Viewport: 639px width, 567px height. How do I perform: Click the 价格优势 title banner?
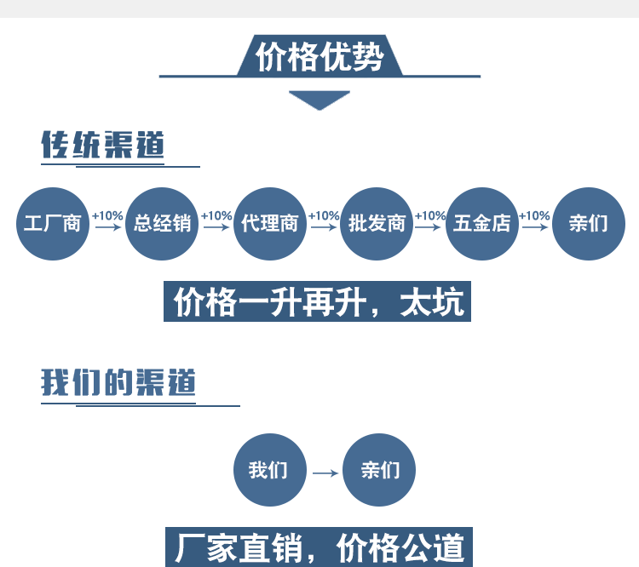pyautogui.click(x=319, y=57)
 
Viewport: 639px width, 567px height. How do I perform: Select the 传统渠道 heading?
pyautogui.click(x=102, y=146)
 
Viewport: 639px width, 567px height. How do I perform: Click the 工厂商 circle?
pyautogui.click(x=53, y=224)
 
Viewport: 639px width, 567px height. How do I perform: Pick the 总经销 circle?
pyautogui.click(x=162, y=224)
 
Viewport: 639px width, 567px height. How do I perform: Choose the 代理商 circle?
pyautogui.click(x=269, y=224)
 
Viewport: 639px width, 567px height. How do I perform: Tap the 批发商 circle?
pyautogui.click(x=377, y=224)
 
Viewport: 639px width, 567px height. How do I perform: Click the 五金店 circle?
pyautogui.click(x=482, y=224)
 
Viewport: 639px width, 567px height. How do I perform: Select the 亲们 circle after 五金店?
pyautogui.click(x=589, y=224)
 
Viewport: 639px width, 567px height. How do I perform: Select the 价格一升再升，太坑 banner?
pyautogui.click(x=317, y=302)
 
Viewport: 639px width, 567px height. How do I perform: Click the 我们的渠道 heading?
pyautogui.click(x=118, y=382)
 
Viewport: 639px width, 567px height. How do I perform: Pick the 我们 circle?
pyautogui.click(x=269, y=470)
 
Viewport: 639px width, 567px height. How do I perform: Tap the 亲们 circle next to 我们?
pyautogui.click(x=378, y=470)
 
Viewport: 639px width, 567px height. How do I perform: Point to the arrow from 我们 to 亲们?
pyautogui.click(x=325, y=472)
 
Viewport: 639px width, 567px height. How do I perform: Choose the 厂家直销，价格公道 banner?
pyautogui.click(x=316, y=547)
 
